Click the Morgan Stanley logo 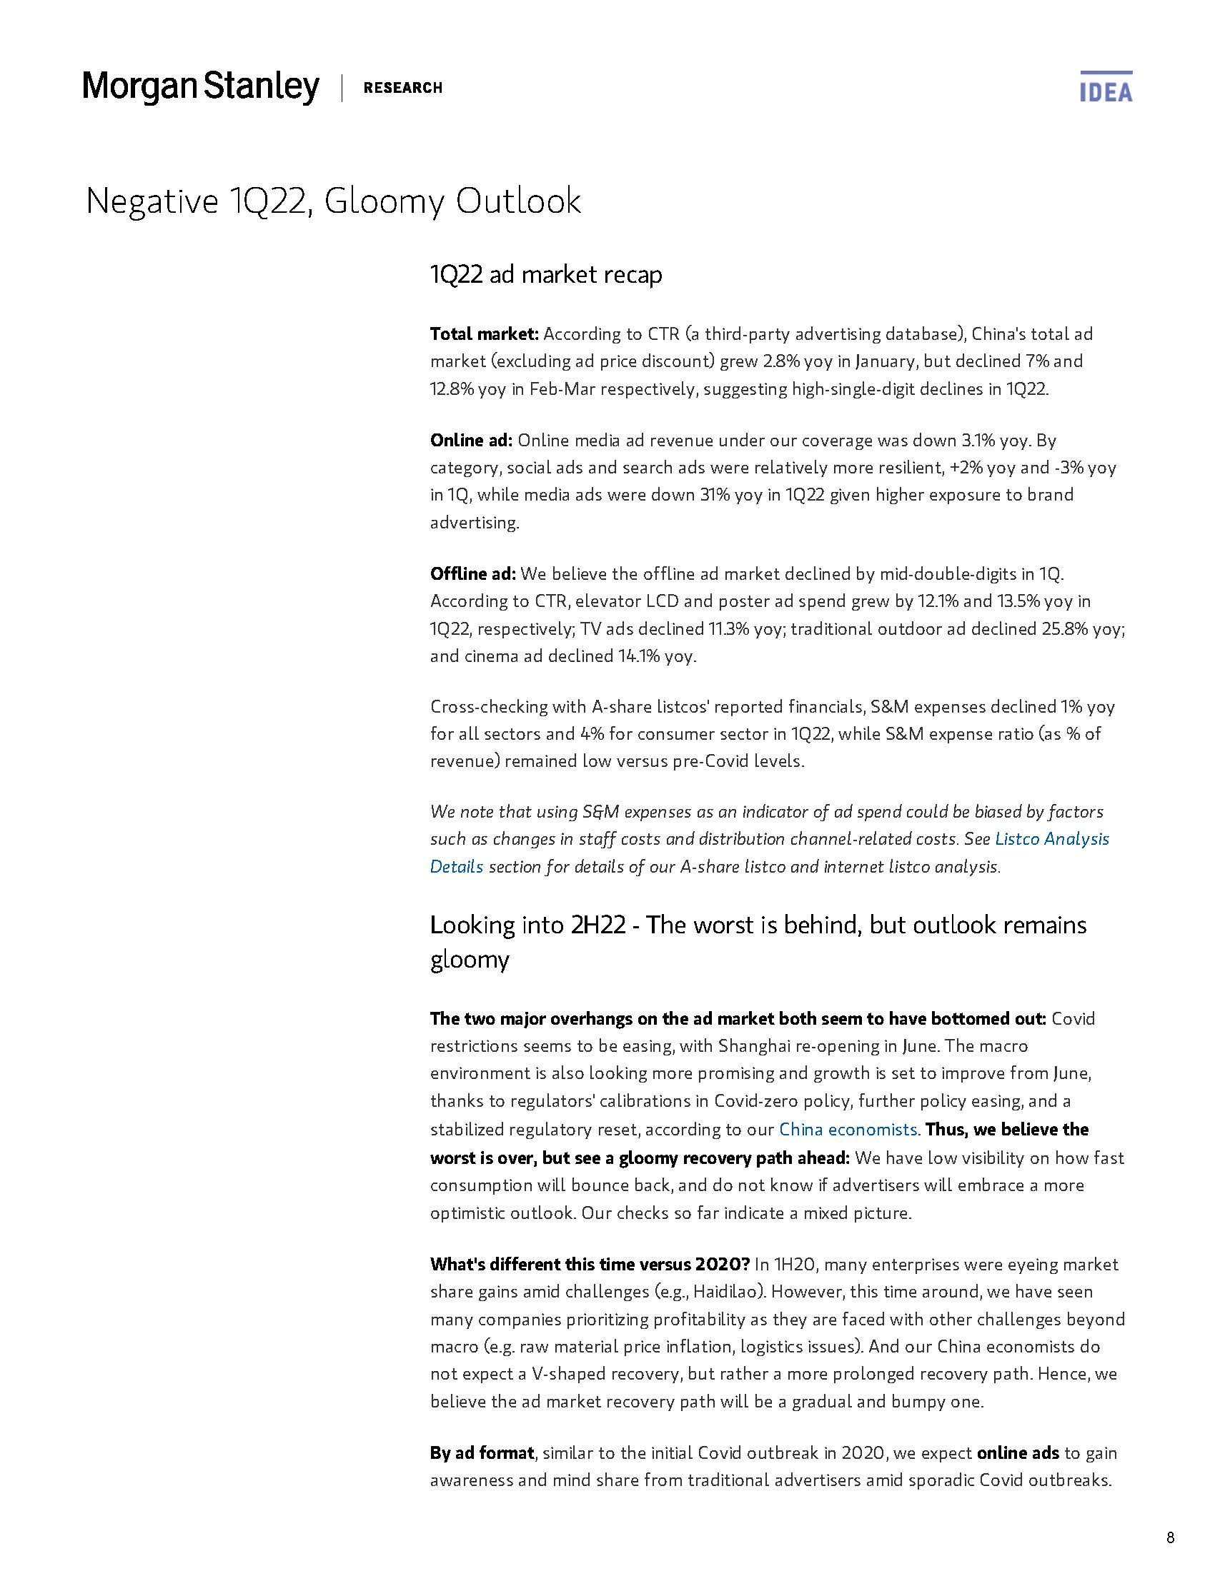[x=201, y=87]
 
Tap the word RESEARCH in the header [x=402, y=88]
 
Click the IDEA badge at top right [x=1106, y=88]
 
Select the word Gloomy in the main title [x=384, y=201]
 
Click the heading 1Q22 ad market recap [x=545, y=274]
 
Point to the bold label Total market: [x=484, y=333]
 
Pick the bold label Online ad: [x=471, y=440]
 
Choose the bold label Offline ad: [x=472, y=573]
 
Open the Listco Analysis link [x=1051, y=839]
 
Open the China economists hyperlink [x=848, y=1130]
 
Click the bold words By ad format [x=482, y=1452]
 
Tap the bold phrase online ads [x=1017, y=1452]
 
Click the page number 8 [x=1171, y=1538]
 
